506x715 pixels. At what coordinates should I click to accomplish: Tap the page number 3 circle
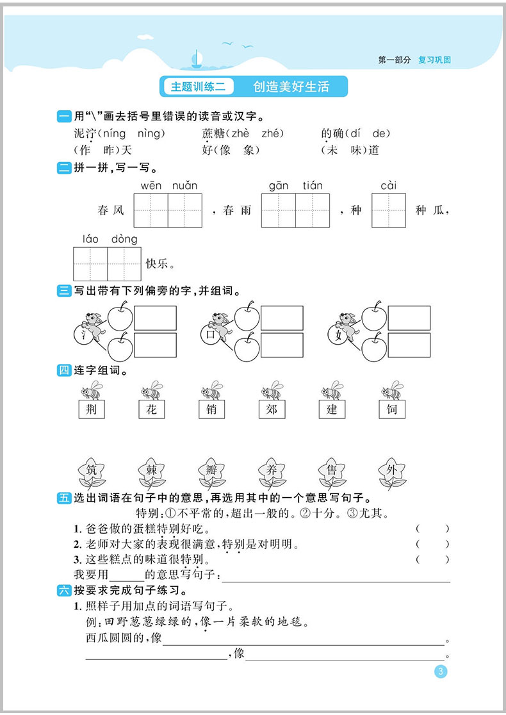click(440, 672)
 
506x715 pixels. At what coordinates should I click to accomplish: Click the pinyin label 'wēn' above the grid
click(151, 186)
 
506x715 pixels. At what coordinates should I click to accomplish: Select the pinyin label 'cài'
click(388, 186)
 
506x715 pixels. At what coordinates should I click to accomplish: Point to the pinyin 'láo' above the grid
click(91, 239)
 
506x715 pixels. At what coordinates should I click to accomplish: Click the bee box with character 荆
click(91, 409)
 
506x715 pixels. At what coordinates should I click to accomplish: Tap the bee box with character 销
click(211, 409)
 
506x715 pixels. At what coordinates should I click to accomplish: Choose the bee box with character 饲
click(391, 409)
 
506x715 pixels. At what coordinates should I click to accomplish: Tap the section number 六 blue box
click(64, 590)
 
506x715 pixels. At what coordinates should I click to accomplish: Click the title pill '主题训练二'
click(198, 86)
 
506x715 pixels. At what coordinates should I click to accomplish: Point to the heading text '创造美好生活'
click(291, 86)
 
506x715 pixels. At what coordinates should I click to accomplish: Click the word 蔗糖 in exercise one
click(211, 133)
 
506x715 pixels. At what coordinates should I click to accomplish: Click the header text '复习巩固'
click(434, 60)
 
